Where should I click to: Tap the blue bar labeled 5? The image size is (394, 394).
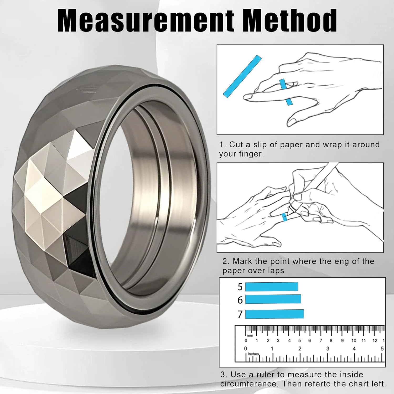coord(272,287)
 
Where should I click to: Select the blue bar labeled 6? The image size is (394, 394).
coord(273,299)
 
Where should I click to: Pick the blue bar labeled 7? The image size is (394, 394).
coord(274,314)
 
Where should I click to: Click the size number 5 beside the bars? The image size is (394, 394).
coord(240,287)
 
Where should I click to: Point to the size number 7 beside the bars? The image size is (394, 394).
coord(240,314)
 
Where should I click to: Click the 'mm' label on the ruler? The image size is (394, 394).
coord(250,335)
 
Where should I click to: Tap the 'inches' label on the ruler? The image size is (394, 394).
coord(253,354)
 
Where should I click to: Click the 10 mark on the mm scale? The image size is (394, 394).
coord(354,341)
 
